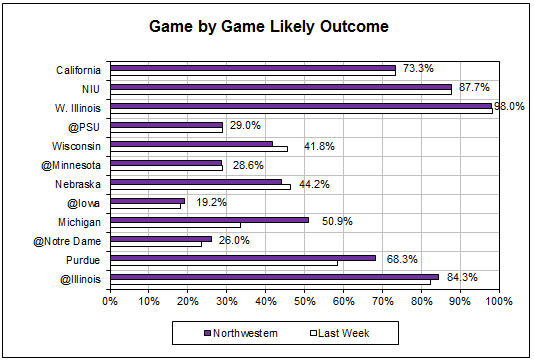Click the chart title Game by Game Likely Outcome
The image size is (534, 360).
click(267, 28)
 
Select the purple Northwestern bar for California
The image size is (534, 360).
click(253, 67)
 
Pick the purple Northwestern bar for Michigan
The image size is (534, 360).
click(209, 219)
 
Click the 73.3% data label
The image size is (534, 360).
click(417, 69)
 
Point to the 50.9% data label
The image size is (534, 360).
click(334, 221)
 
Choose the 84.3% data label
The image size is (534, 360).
click(461, 278)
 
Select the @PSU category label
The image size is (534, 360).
click(85, 127)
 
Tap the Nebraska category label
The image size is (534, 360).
click(79, 184)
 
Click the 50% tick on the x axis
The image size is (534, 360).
click(304, 300)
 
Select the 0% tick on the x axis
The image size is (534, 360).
click(111, 300)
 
